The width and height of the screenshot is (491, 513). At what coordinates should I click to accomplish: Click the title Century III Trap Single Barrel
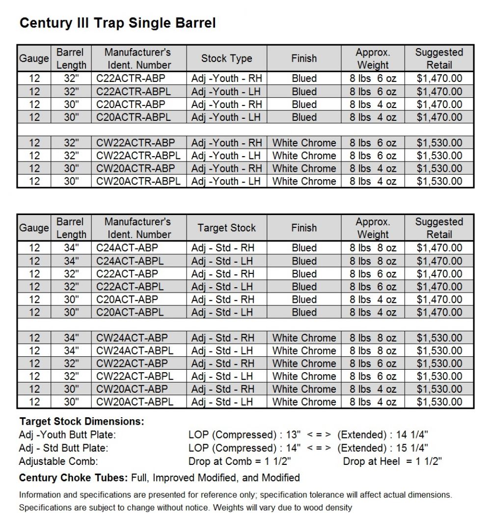tap(117, 23)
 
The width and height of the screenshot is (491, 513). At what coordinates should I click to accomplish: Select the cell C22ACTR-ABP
tap(131, 79)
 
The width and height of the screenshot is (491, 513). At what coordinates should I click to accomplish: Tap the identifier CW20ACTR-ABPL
tap(138, 181)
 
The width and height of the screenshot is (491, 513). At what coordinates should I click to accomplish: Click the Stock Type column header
tap(226, 58)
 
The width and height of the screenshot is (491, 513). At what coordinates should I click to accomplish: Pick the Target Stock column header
tap(226, 228)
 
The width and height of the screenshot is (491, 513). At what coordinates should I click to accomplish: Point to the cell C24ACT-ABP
tap(127, 248)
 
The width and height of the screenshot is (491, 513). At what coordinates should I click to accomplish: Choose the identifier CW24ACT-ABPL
tap(135, 351)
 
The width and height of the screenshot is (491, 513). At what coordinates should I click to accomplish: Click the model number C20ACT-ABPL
tap(130, 312)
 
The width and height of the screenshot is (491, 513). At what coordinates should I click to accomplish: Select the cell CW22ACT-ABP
tap(132, 364)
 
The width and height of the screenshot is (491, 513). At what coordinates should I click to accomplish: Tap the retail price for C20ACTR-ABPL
tap(439, 117)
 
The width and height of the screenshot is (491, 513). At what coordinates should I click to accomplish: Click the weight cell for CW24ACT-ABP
tap(373, 338)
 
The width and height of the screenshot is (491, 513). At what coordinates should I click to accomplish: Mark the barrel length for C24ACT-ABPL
tap(71, 261)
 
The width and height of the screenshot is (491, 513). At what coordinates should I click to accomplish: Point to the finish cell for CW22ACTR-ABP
tap(304, 143)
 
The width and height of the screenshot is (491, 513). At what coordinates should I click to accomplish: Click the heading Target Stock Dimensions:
tap(82, 422)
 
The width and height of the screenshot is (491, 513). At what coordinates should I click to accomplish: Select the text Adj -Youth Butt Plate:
tap(67, 435)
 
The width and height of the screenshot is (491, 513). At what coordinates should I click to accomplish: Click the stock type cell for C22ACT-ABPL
tap(223, 287)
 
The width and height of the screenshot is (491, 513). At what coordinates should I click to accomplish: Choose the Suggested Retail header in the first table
tap(439, 58)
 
